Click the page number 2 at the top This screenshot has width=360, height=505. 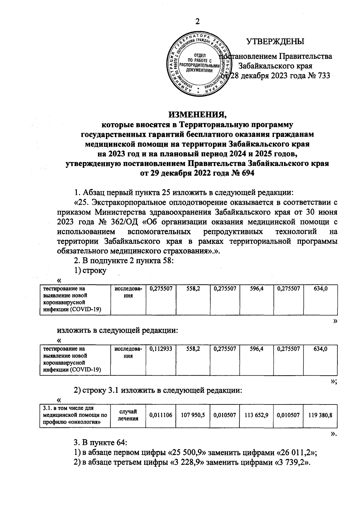click(197, 21)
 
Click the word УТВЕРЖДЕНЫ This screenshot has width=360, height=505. click(275, 42)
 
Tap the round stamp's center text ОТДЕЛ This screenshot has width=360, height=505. click(199, 56)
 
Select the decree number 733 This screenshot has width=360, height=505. click(324, 75)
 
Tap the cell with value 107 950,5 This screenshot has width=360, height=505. click(193, 415)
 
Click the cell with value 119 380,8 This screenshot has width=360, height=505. click(320, 415)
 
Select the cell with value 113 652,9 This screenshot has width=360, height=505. click(256, 415)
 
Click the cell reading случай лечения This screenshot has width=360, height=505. click(128, 415)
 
